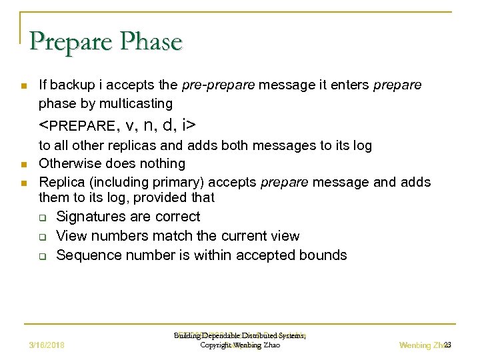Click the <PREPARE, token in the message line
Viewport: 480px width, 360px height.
77,125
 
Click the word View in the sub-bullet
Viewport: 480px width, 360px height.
71,236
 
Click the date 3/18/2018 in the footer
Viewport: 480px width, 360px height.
51,345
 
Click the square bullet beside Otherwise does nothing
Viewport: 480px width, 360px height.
23,164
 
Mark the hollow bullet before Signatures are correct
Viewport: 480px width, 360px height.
42,217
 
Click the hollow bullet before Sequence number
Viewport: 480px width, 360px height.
42,256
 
